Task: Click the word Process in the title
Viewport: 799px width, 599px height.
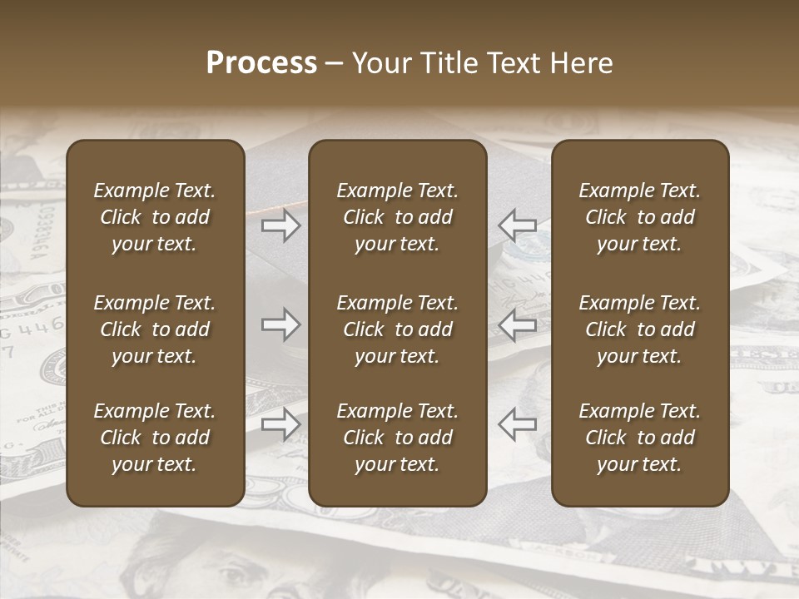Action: pos(261,63)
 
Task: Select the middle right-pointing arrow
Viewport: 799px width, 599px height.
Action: pos(281,324)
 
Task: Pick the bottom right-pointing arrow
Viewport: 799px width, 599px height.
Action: pos(281,424)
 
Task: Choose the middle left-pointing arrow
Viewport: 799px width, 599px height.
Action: pos(517,324)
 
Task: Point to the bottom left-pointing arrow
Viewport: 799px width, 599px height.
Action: pos(517,424)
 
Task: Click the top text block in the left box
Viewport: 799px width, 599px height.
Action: pos(155,217)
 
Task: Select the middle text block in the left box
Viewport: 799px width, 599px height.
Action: pos(155,329)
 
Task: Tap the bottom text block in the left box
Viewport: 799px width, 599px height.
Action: pos(155,438)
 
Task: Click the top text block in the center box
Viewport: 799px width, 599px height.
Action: pos(398,217)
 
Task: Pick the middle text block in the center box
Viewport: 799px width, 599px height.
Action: pos(398,329)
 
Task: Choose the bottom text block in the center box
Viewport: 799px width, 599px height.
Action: pos(398,438)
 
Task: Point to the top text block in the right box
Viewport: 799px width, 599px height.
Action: pos(640,217)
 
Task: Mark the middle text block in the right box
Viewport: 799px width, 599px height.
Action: pos(640,329)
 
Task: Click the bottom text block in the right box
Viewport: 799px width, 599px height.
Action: pos(640,438)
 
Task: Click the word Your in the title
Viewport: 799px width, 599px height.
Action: pos(380,63)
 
